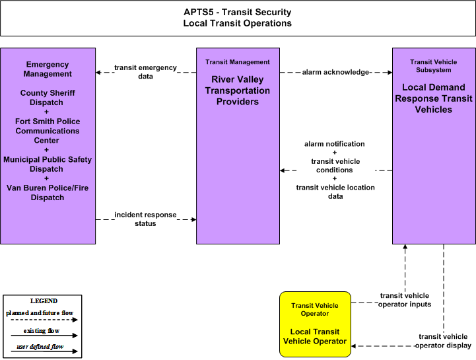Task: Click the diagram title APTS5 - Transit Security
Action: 238,12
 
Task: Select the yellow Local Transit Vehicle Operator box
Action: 315,324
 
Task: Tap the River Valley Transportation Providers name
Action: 238,90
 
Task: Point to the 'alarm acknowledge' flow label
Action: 335,72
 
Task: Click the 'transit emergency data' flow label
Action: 145,72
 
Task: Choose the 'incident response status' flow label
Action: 145,219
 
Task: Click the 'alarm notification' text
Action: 335,144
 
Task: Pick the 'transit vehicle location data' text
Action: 335,192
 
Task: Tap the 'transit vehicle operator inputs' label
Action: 405,300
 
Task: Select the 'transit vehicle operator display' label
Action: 443,341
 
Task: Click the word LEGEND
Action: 44,301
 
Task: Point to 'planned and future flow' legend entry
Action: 40,313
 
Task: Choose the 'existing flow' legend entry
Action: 42,330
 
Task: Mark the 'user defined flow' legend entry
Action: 40,346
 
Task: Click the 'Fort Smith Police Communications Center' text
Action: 48,131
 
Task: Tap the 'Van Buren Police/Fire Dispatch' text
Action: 48,193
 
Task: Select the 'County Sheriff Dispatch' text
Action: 48,98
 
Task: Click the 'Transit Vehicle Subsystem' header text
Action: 434,66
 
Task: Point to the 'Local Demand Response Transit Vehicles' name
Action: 434,98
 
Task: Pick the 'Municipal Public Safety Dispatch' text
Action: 48,164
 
